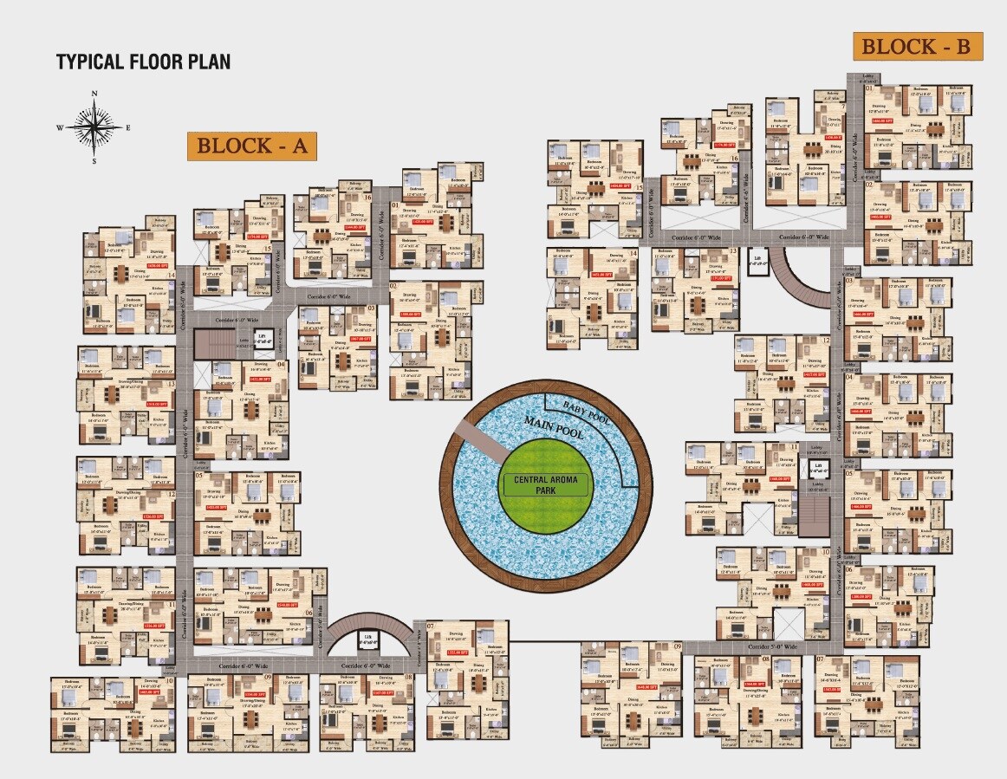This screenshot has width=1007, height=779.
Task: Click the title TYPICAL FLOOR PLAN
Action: (x=143, y=62)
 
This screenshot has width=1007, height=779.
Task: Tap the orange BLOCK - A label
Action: (x=252, y=146)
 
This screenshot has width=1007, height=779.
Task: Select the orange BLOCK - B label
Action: (x=918, y=46)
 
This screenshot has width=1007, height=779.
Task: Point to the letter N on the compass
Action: (x=95, y=93)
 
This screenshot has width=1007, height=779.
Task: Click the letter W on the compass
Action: (x=61, y=127)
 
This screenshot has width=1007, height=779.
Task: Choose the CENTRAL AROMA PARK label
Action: (x=545, y=484)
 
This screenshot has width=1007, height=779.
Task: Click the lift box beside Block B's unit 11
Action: (x=818, y=469)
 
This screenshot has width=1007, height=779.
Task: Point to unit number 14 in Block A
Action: (x=172, y=276)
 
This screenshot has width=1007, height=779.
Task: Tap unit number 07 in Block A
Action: (x=430, y=625)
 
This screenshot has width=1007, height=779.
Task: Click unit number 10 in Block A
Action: (x=170, y=681)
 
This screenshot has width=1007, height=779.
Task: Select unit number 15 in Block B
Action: (x=639, y=186)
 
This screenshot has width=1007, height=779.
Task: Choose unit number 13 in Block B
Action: (x=733, y=251)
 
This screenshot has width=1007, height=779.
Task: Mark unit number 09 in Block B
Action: (x=677, y=646)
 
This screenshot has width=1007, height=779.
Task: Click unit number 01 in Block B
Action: (x=868, y=89)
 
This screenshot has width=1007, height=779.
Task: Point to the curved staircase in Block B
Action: (x=798, y=277)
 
